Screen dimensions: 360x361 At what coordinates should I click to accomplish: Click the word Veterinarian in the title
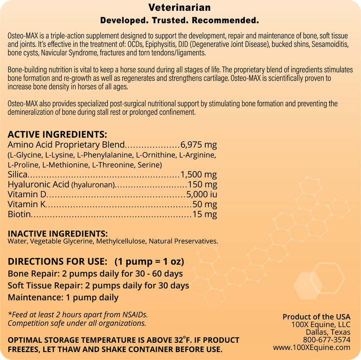point(180,8)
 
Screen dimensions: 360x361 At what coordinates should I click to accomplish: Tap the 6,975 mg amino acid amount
point(199,145)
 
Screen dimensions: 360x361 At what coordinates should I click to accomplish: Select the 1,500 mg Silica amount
point(199,175)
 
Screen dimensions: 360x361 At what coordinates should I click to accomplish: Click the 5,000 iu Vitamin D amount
point(201,195)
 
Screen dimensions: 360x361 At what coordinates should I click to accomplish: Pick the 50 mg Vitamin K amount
point(205,205)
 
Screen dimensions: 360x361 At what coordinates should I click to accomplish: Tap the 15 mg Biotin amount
point(205,215)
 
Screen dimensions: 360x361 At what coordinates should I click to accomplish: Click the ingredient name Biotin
point(19,215)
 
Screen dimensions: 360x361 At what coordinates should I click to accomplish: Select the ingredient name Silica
point(18,175)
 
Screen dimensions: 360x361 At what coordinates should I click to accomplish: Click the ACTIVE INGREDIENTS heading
point(57,134)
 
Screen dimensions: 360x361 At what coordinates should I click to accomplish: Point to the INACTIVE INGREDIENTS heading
point(58,233)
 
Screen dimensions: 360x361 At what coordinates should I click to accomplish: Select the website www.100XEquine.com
point(312,347)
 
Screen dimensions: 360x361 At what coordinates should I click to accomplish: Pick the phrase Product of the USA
point(317,317)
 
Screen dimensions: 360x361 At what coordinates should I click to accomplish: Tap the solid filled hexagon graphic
point(308,283)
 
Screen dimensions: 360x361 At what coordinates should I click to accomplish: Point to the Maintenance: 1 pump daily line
point(63,297)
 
